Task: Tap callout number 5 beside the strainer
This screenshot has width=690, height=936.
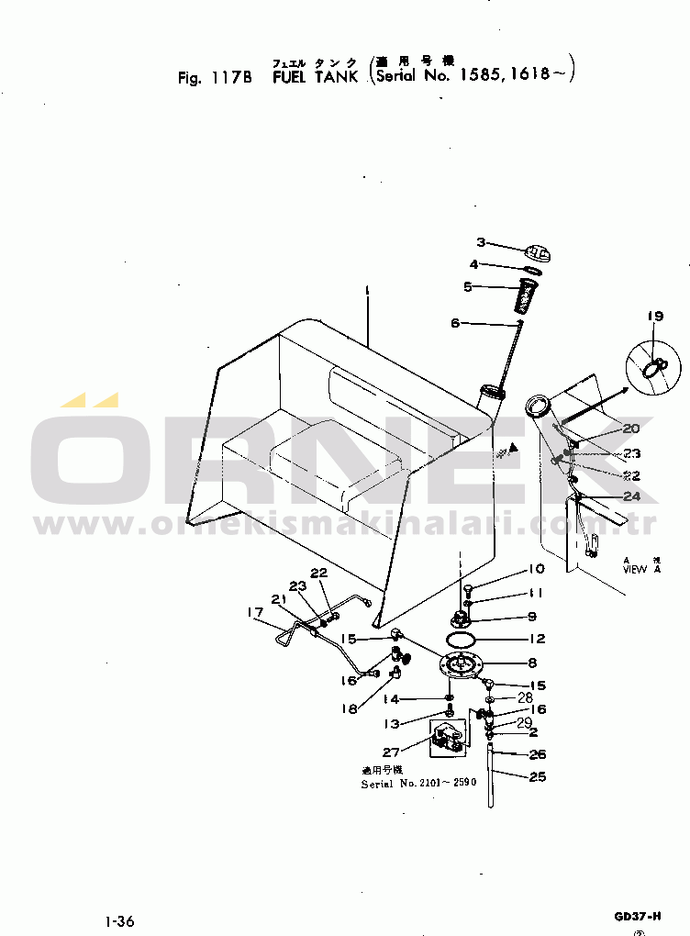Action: pos(467,286)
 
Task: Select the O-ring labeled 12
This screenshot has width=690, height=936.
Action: pos(461,639)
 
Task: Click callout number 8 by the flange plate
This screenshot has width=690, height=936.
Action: pos(532,663)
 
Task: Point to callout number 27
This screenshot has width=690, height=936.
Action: pos(391,752)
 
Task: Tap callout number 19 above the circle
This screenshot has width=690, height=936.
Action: pos(654,317)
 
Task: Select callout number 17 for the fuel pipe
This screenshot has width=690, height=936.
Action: pos(254,613)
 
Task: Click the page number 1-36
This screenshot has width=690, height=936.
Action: pos(120,920)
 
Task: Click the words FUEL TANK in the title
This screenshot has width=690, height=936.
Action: pos(315,77)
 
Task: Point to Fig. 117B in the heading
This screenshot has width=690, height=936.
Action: pos(215,77)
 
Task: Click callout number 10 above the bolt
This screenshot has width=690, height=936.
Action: pos(536,569)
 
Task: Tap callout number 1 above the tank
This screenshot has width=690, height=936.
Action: pos(366,290)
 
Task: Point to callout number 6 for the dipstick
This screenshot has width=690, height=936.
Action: pos(454,323)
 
